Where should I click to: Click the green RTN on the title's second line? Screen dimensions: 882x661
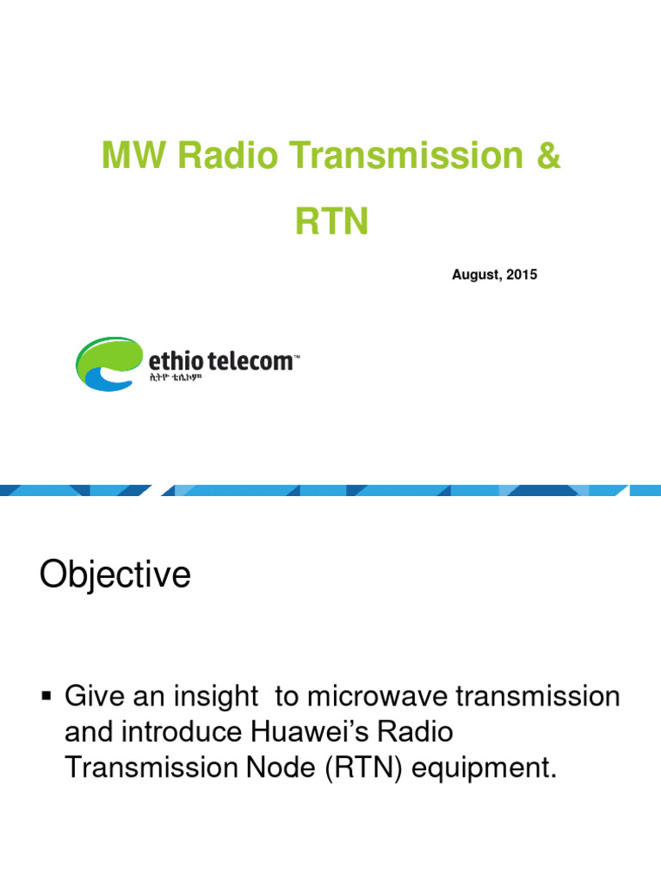[x=331, y=222]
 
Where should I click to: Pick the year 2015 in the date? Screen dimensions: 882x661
[x=522, y=275]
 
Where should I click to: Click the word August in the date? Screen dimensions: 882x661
[x=476, y=275]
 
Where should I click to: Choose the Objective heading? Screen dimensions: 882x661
[x=114, y=575]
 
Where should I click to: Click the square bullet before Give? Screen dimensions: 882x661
[x=48, y=695]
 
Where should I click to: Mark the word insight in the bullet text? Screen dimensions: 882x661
[x=215, y=696]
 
